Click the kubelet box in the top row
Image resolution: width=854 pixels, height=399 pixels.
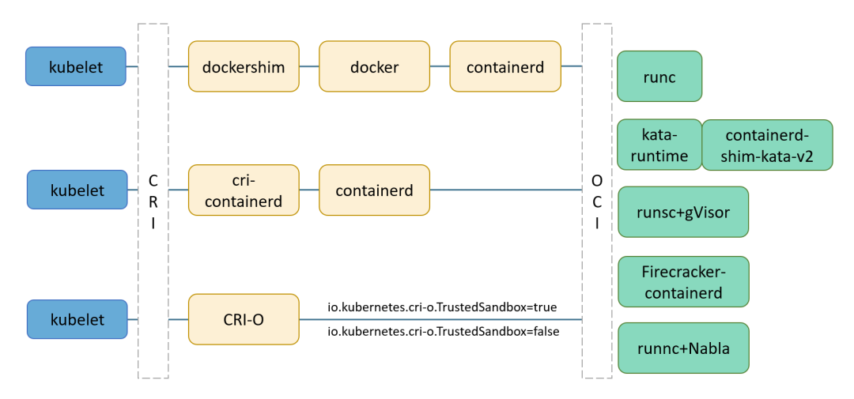(x=76, y=66)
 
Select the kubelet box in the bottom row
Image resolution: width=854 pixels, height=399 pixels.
(x=77, y=319)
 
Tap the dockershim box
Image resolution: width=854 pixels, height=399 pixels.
(x=244, y=66)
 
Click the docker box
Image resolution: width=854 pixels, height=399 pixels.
(x=374, y=66)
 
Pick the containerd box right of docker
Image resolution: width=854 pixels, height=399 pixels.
(x=505, y=66)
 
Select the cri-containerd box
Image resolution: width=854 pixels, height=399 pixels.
(x=244, y=190)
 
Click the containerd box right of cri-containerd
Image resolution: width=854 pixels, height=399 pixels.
(x=374, y=190)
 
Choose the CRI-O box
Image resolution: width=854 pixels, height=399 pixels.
(x=244, y=319)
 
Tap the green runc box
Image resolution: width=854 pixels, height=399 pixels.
(x=659, y=76)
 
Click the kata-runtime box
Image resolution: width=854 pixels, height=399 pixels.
(x=659, y=145)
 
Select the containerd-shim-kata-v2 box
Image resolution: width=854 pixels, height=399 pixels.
(x=767, y=145)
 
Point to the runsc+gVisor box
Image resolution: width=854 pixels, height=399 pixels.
(x=682, y=212)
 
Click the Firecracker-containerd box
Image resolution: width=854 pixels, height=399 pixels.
(x=682, y=281)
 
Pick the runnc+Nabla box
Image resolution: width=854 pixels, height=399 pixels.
(x=682, y=348)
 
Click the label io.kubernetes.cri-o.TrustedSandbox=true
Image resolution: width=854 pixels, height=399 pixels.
(x=443, y=307)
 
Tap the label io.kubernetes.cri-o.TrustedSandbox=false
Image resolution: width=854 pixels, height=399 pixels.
(x=443, y=332)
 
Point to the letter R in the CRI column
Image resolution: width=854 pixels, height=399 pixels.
(x=153, y=201)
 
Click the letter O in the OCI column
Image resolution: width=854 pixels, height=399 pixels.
(x=596, y=180)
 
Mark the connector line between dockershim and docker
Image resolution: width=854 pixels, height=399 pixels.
(x=309, y=66)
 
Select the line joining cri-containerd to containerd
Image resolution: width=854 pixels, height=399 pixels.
(x=309, y=190)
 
